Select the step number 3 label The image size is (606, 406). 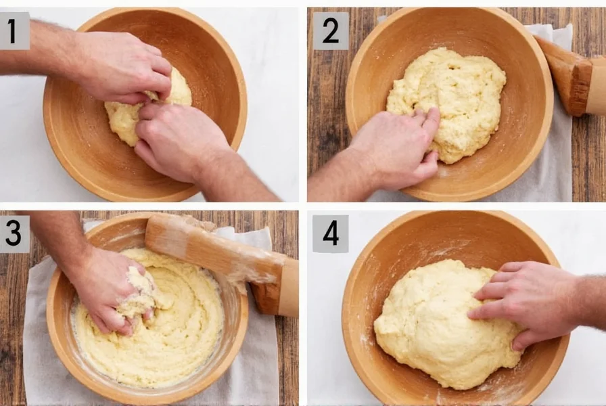pos(14,233)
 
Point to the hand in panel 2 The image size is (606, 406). pos(392,145)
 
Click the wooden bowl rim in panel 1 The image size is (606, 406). pos(230,81)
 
